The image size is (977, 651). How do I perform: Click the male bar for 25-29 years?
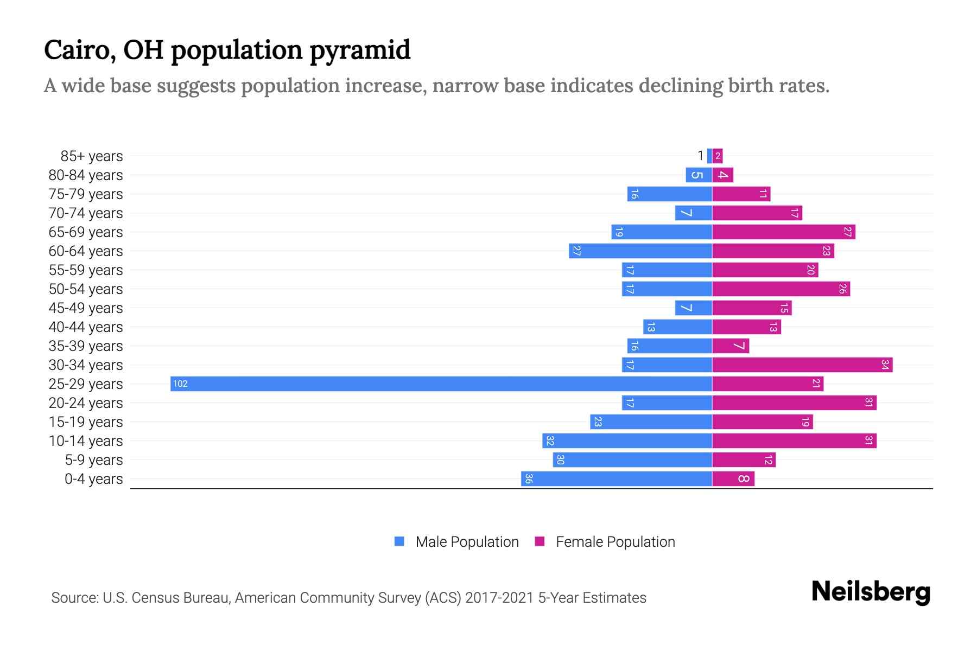pyautogui.click(x=441, y=384)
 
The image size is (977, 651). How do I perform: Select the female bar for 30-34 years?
pyautogui.click(x=802, y=365)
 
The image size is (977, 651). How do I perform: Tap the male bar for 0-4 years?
pyautogui.click(x=617, y=478)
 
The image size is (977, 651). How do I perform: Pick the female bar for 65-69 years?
pyautogui.click(x=783, y=232)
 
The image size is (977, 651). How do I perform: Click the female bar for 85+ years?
pyautogui.click(x=718, y=156)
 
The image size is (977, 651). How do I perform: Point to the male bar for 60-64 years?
pyautogui.click(x=640, y=251)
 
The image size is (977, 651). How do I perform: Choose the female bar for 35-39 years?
pyautogui.click(x=731, y=346)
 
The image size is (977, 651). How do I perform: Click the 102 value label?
pyautogui.click(x=180, y=384)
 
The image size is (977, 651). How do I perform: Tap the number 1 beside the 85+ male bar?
pyautogui.click(x=700, y=156)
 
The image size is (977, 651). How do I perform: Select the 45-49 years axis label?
pyautogui.click(x=86, y=308)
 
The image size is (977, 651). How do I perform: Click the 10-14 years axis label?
pyautogui.click(x=86, y=441)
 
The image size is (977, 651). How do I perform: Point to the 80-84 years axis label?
pyautogui.click(x=86, y=175)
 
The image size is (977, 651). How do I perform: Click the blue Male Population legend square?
pyautogui.click(x=399, y=541)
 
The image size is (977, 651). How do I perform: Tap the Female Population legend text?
pyautogui.click(x=615, y=541)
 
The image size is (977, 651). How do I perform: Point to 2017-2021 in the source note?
pyautogui.click(x=499, y=598)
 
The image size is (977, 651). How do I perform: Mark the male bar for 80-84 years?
pyautogui.click(x=699, y=175)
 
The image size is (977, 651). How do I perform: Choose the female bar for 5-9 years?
pyautogui.click(x=744, y=459)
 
